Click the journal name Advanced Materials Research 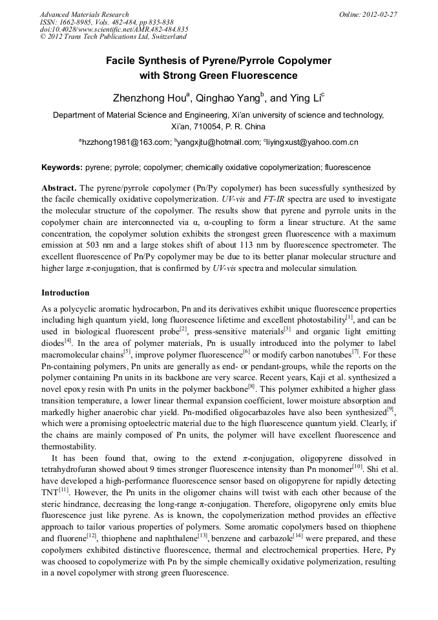pos(84,14)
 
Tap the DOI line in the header pos(114,29)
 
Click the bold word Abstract pos(59,187)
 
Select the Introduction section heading pos(65,293)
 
